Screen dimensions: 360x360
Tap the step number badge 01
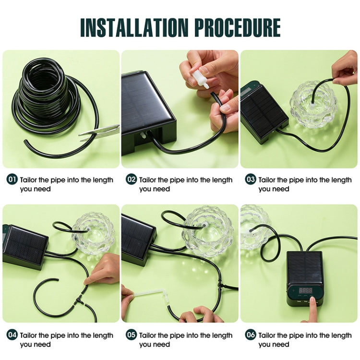12,180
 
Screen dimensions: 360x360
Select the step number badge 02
132,180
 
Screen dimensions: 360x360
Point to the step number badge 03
251,180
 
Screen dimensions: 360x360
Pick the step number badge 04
12,335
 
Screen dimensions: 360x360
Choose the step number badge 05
132,335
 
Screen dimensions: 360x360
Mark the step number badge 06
251,335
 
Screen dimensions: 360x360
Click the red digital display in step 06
306,290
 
